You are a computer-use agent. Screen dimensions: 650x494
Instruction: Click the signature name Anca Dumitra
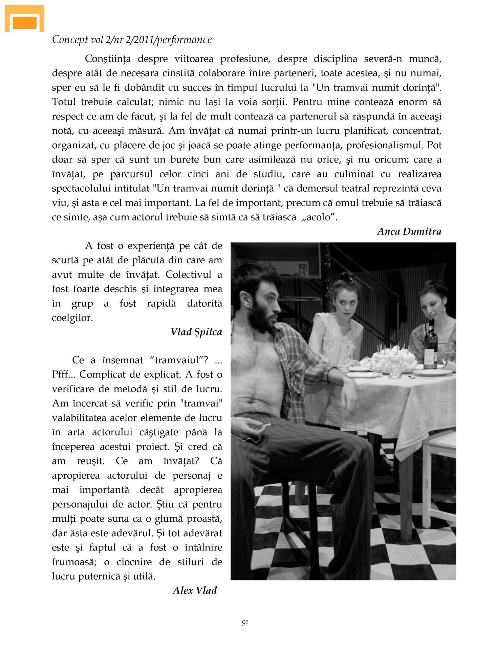[409, 232]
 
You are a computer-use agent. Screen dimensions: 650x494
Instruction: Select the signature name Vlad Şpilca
[196, 332]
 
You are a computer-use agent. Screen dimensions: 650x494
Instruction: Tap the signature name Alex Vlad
[195, 591]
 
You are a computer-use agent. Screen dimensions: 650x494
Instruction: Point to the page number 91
[245, 622]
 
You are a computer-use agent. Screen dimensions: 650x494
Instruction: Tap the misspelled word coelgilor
[72, 318]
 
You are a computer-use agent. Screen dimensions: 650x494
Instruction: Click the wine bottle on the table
[431, 345]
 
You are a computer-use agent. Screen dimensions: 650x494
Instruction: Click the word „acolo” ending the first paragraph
[320, 217]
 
